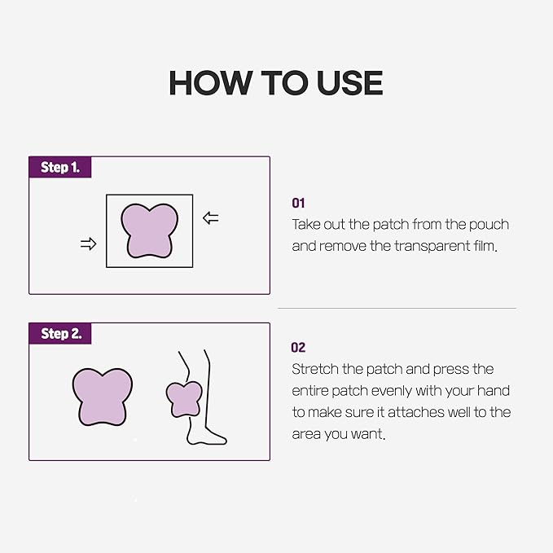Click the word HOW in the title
click(210, 82)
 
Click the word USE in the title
click(349, 82)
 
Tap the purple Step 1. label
click(60, 167)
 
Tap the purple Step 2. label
click(60, 333)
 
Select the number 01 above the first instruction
click(298, 203)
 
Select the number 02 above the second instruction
click(298, 348)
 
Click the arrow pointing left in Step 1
click(211, 218)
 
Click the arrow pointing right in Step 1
click(89, 244)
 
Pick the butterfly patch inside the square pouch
click(150, 230)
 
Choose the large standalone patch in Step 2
click(103, 397)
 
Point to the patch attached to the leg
click(184, 399)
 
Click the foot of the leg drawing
click(206, 437)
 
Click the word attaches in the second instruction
click(410, 412)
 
